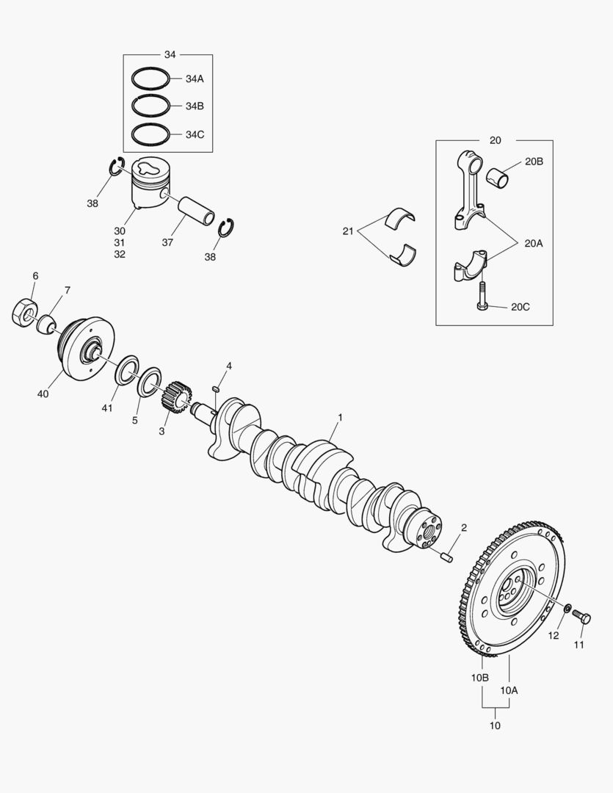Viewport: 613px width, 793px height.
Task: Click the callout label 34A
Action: pyautogui.click(x=195, y=79)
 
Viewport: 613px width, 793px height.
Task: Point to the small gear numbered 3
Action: pyautogui.click(x=176, y=397)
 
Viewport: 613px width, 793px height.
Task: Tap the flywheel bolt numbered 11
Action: pyautogui.click(x=581, y=617)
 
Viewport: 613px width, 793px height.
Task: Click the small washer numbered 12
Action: pyautogui.click(x=567, y=607)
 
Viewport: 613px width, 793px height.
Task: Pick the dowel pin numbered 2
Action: pyautogui.click(x=446, y=557)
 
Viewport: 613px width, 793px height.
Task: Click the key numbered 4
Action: pyautogui.click(x=216, y=389)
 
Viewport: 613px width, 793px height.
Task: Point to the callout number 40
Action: pyautogui.click(x=43, y=394)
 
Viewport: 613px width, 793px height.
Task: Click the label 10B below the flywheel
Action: pyautogui.click(x=480, y=678)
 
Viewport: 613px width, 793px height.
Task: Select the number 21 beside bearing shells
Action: pyautogui.click(x=348, y=231)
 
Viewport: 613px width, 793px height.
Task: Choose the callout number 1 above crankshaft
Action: pyautogui.click(x=341, y=417)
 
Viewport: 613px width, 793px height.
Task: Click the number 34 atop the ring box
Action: pyautogui.click(x=170, y=54)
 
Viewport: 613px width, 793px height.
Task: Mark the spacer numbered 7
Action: pyautogui.click(x=46, y=325)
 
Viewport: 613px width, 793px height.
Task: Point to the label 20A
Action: pyautogui.click(x=534, y=243)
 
